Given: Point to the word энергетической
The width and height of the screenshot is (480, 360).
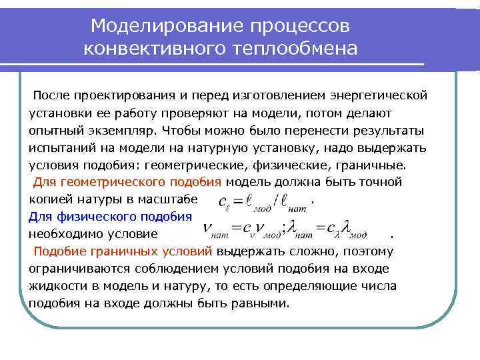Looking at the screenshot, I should [x=386, y=95].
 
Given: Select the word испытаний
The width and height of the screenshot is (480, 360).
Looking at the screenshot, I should [x=59, y=147].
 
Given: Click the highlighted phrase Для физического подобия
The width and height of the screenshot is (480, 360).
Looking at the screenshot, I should [x=110, y=217].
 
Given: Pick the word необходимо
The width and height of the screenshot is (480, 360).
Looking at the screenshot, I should [x=63, y=234].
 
